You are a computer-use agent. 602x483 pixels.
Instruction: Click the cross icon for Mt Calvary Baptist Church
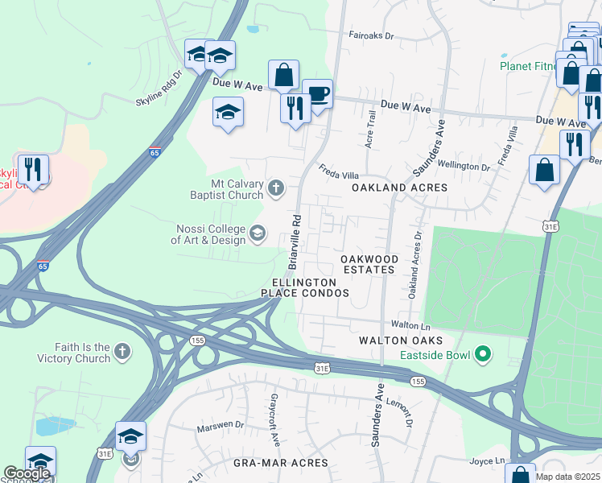click(276, 188)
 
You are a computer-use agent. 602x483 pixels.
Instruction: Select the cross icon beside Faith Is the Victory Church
click(122, 351)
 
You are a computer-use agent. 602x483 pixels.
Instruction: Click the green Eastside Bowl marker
click(483, 353)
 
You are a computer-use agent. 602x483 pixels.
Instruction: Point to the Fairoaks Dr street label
click(370, 36)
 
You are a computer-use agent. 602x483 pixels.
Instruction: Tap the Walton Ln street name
click(407, 324)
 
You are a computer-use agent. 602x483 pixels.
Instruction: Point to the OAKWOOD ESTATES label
click(369, 264)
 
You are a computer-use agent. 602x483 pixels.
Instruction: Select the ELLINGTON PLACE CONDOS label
click(310, 288)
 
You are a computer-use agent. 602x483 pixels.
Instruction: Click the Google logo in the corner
click(27, 473)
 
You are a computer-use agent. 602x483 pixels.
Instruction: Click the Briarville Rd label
click(295, 241)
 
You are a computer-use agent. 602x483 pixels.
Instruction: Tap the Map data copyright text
click(567, 477)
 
